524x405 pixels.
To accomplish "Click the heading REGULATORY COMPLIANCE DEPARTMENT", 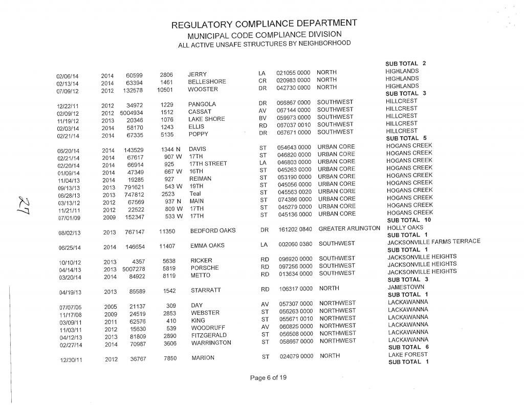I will [x=264, y=25].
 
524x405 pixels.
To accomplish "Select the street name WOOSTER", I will [x=203, y=89].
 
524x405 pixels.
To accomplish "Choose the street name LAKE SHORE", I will [x=206, y=119].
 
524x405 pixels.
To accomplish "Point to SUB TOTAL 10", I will [x=409, y=220].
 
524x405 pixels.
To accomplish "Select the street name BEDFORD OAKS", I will [x=213, y=231].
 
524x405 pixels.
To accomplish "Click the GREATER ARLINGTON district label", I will [x=349, y=228].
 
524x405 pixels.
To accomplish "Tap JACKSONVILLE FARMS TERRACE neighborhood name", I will [x=434, y=242].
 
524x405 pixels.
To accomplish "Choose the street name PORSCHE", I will [x=205, y=268].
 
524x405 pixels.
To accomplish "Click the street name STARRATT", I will [x=206, y=291].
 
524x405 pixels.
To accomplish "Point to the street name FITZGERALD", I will [x=209, y=335].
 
